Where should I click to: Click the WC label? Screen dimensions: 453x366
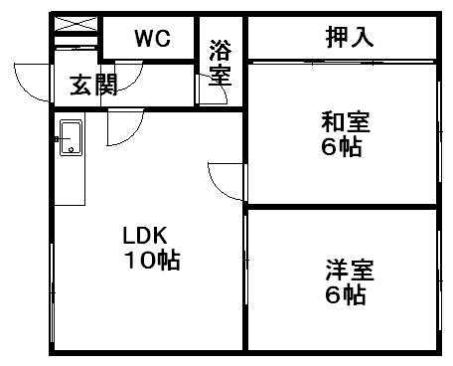[153, 39]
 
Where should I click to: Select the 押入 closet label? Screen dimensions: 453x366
[349, 38]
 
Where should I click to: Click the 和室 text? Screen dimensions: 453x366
[344, 123]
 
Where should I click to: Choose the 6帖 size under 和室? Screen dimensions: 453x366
[343, 148]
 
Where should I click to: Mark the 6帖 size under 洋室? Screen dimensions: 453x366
[346, 294]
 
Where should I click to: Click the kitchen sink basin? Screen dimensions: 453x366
[71, 137]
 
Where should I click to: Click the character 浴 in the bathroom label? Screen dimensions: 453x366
[220, 47]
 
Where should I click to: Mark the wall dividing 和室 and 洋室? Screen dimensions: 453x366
[342, 207]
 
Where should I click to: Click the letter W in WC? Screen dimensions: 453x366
[145, 39]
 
